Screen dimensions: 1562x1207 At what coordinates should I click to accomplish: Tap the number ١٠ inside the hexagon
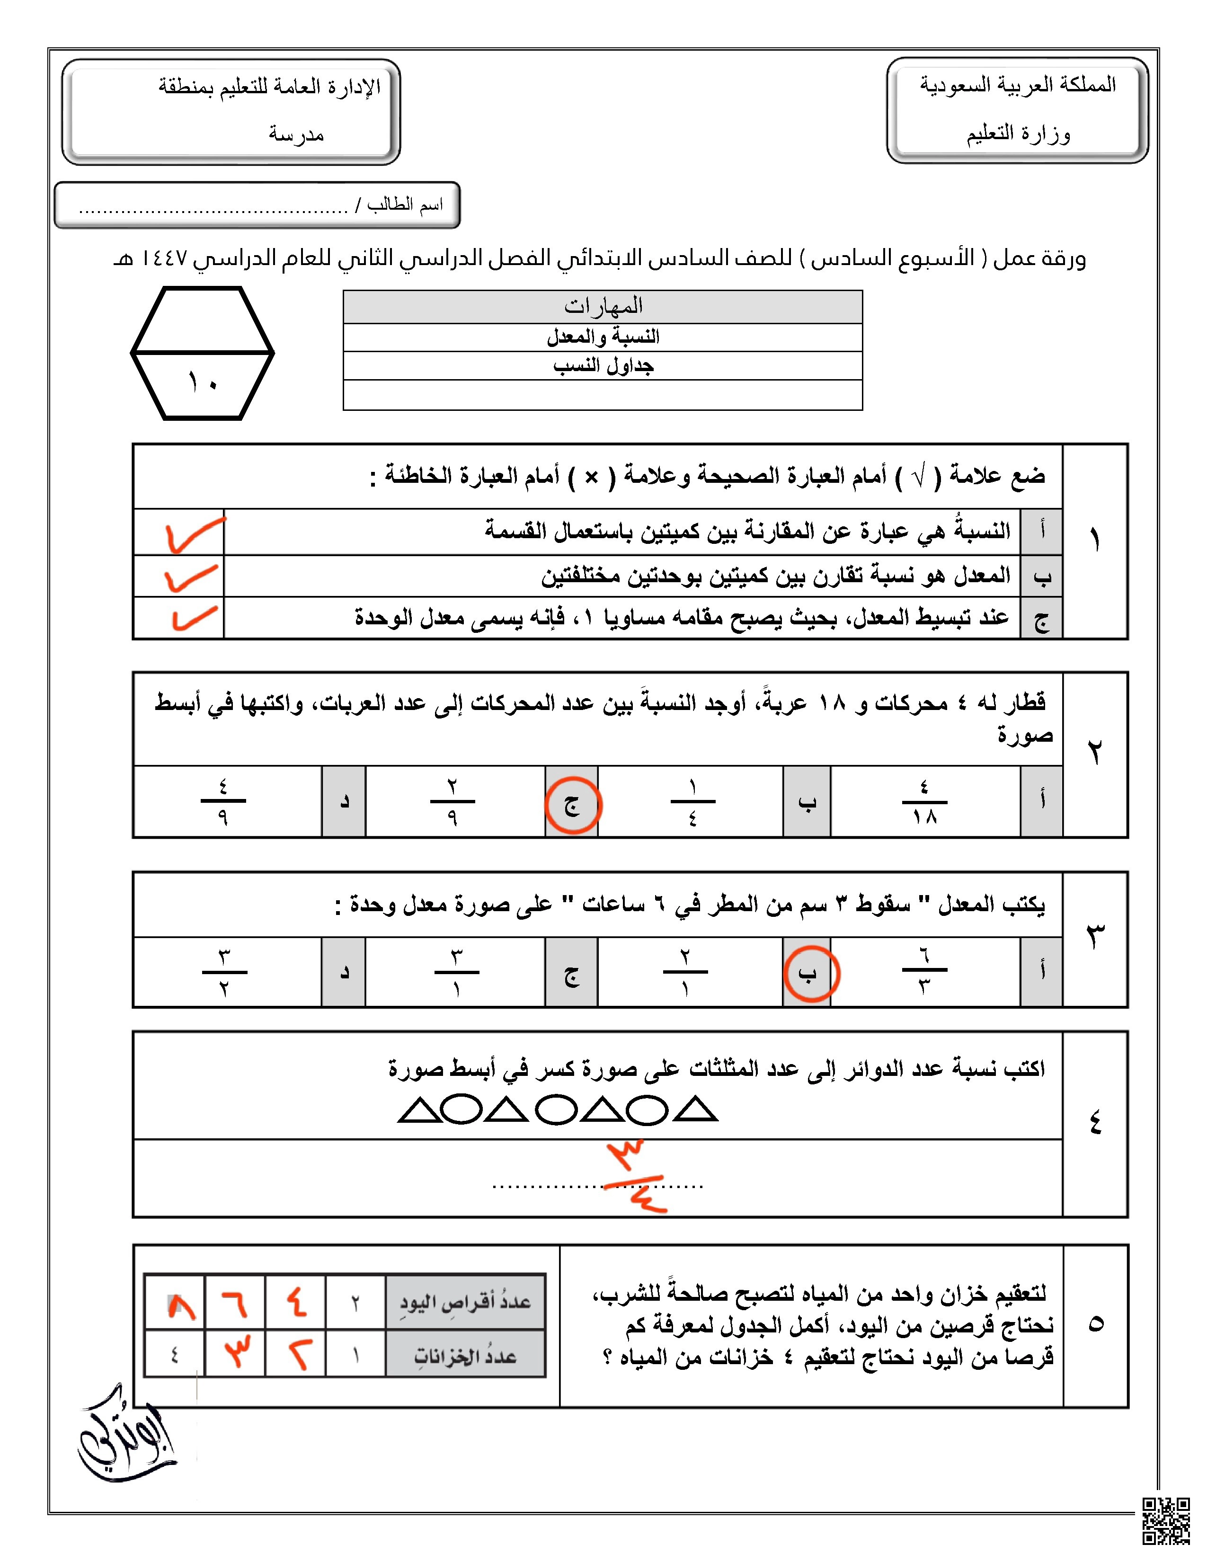[x=203, y=382]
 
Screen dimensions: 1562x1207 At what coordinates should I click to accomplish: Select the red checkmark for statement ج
[x=193, y=618]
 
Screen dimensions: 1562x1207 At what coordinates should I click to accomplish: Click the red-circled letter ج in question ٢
[x=572, y=805]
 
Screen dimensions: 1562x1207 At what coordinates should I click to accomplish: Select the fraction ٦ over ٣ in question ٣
[x=924, y=970]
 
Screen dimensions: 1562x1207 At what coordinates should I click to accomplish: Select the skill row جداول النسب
[x=603, y=365]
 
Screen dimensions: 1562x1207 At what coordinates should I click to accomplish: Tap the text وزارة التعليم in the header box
[x=1018, y=134]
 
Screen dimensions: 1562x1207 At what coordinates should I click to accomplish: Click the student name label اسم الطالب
[x=405, y=205]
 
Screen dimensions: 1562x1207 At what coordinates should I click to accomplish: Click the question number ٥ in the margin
[x=1095, y=1324]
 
